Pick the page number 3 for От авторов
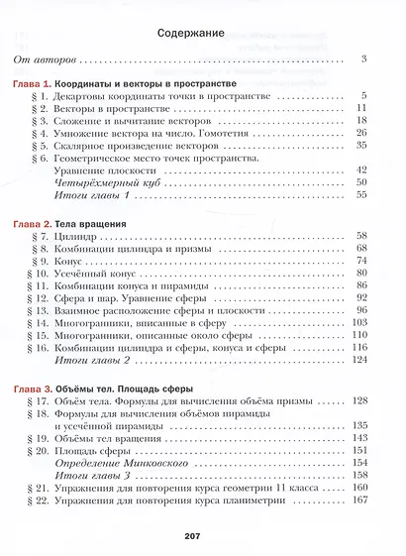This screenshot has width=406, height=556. (364, 60)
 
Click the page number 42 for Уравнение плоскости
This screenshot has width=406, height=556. (361, 170)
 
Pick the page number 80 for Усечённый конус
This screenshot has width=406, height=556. (361, 275)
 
